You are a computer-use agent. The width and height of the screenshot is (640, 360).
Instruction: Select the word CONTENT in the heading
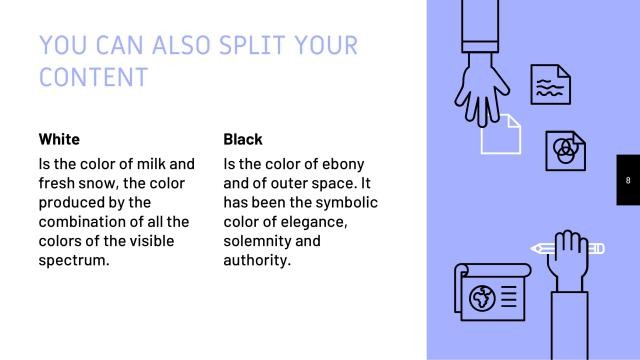point(93,77)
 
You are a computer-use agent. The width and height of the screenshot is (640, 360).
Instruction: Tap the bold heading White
point(59,139)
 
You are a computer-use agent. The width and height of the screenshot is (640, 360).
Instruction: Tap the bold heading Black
point(243,139)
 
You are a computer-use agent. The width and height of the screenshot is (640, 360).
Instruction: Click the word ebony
point(340,163)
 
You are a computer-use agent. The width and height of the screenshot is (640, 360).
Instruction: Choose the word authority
point(257,261)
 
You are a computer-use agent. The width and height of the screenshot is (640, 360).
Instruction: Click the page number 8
point(627,181)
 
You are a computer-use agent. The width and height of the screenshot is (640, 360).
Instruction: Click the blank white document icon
point(501,135)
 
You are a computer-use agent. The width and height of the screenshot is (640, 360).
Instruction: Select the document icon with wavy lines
point(550,85)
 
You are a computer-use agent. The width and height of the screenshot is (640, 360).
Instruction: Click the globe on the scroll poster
point(483,298)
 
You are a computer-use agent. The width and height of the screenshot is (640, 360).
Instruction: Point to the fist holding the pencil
point(571,255)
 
